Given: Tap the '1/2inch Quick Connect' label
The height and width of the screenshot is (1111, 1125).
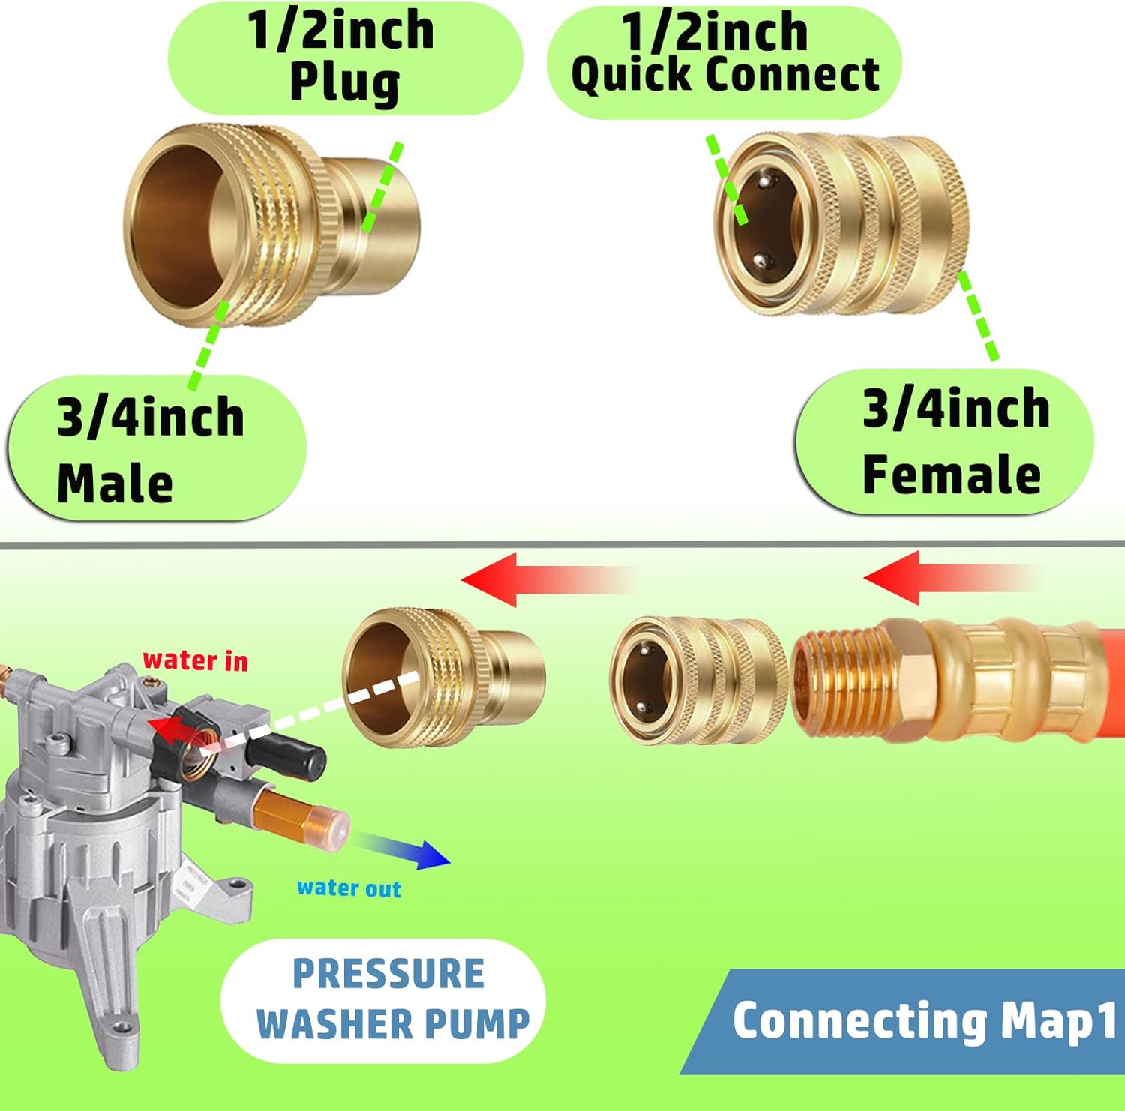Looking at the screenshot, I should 724,57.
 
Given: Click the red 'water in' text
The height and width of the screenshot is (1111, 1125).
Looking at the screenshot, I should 195,660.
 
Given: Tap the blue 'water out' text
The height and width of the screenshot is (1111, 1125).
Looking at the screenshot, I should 349,888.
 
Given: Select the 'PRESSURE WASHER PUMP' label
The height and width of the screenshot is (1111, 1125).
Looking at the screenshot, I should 390,1000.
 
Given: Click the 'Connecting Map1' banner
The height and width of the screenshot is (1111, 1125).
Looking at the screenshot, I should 922,1021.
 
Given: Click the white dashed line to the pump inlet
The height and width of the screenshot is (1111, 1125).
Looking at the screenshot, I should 315,712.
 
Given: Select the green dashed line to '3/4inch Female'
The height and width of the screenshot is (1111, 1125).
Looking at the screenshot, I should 979,315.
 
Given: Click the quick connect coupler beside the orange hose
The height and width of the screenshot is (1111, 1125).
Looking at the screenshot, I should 697,681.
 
